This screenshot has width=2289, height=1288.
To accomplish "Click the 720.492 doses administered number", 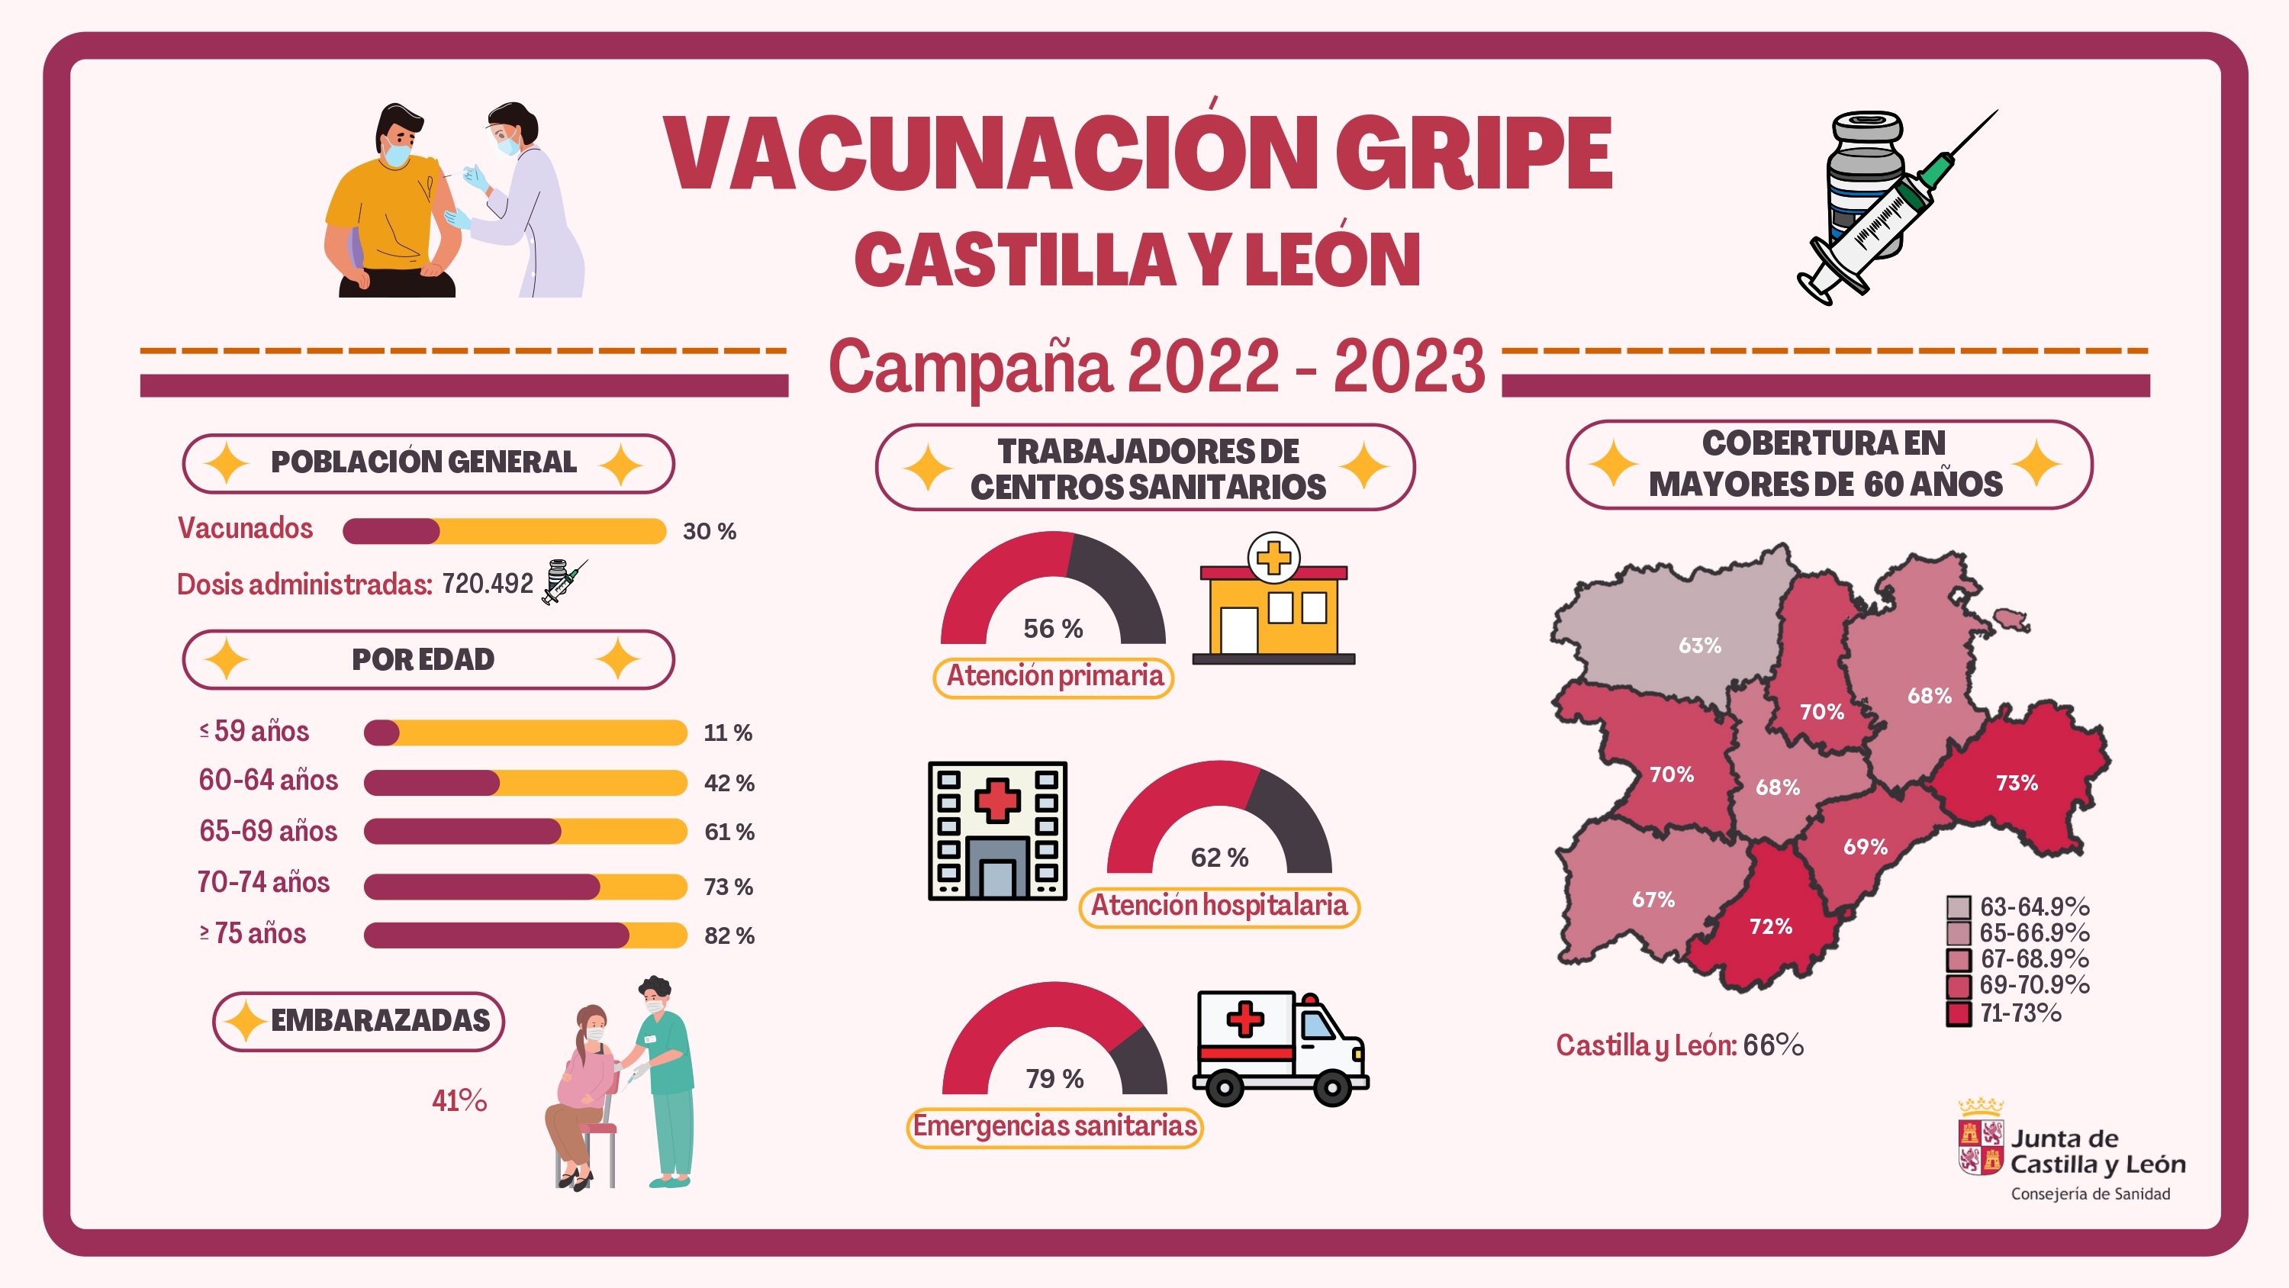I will pos(487,584).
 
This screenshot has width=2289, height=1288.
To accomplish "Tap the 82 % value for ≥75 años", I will pos(729,935).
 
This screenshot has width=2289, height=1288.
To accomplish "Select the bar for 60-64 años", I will pos(525,782).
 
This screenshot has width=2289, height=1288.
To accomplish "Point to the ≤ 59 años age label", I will pos(254,731).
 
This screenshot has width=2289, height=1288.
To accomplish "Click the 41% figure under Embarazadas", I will pos(459,1100).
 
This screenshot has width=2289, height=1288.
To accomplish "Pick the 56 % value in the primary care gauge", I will pos(1053,629).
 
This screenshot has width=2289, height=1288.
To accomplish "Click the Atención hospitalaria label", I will pos(1219,906).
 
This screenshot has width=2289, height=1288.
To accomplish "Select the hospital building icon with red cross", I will pos(997,830).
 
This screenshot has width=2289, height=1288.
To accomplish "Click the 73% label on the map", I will pos(2016,782).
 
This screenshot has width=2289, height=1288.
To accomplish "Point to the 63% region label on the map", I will pos(1699,646).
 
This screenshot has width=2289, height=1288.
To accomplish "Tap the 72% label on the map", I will pos(1770,926).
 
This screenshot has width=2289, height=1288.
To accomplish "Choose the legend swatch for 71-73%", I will pos(1959,1013).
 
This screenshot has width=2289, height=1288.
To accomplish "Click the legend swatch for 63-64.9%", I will pos(1959,906).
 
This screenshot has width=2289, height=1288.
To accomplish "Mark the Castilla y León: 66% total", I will pos(1679,1045).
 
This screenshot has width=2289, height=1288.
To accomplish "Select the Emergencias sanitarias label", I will pos(1054,1126).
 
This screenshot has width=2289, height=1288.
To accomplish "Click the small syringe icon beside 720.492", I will pos(563,581).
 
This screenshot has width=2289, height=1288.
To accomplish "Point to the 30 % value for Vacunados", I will pos(709,532).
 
